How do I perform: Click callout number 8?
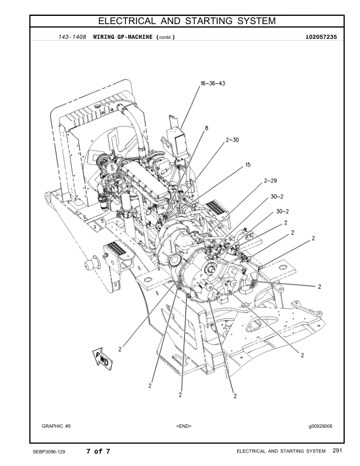coord(206,127)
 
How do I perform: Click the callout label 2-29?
coord(270,181)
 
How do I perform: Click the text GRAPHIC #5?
coord(56,425)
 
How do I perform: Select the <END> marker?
coord(184,425)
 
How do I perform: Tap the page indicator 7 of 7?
coord(98,452)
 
